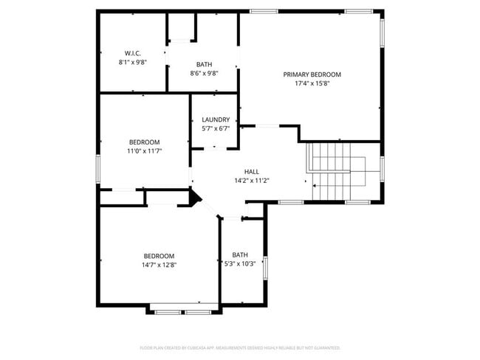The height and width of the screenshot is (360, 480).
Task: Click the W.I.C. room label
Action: pos(133,52)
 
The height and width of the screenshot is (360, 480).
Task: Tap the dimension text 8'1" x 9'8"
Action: pos(133,62)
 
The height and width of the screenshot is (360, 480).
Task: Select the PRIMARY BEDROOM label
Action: pos(312,75)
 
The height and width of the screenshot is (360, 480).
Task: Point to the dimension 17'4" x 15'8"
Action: pos(312,83)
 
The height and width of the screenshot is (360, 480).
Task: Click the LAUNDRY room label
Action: pos(216,120)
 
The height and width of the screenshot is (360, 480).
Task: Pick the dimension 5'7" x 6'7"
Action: pos(216,128)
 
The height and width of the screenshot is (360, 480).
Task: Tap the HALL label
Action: pos(241,171)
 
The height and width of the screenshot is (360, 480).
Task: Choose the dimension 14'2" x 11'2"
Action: pos(241,180)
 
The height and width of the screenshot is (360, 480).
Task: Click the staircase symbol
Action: pos(337,171)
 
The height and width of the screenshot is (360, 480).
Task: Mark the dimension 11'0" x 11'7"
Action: pos(145,150)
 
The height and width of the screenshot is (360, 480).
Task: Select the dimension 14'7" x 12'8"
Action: pos(160,265)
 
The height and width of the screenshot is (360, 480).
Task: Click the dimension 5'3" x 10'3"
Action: pos(240,264)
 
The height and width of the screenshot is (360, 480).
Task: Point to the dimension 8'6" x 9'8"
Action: pos(204,74)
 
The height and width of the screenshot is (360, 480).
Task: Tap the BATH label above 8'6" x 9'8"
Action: pos(204,65)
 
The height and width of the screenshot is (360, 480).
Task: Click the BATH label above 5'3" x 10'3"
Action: pos(240,255)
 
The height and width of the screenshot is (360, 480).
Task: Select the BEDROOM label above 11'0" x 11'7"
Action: pos(144,142)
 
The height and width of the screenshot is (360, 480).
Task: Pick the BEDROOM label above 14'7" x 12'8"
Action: pos(159,256)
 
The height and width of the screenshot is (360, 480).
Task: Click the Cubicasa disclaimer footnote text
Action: pos(240,347)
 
